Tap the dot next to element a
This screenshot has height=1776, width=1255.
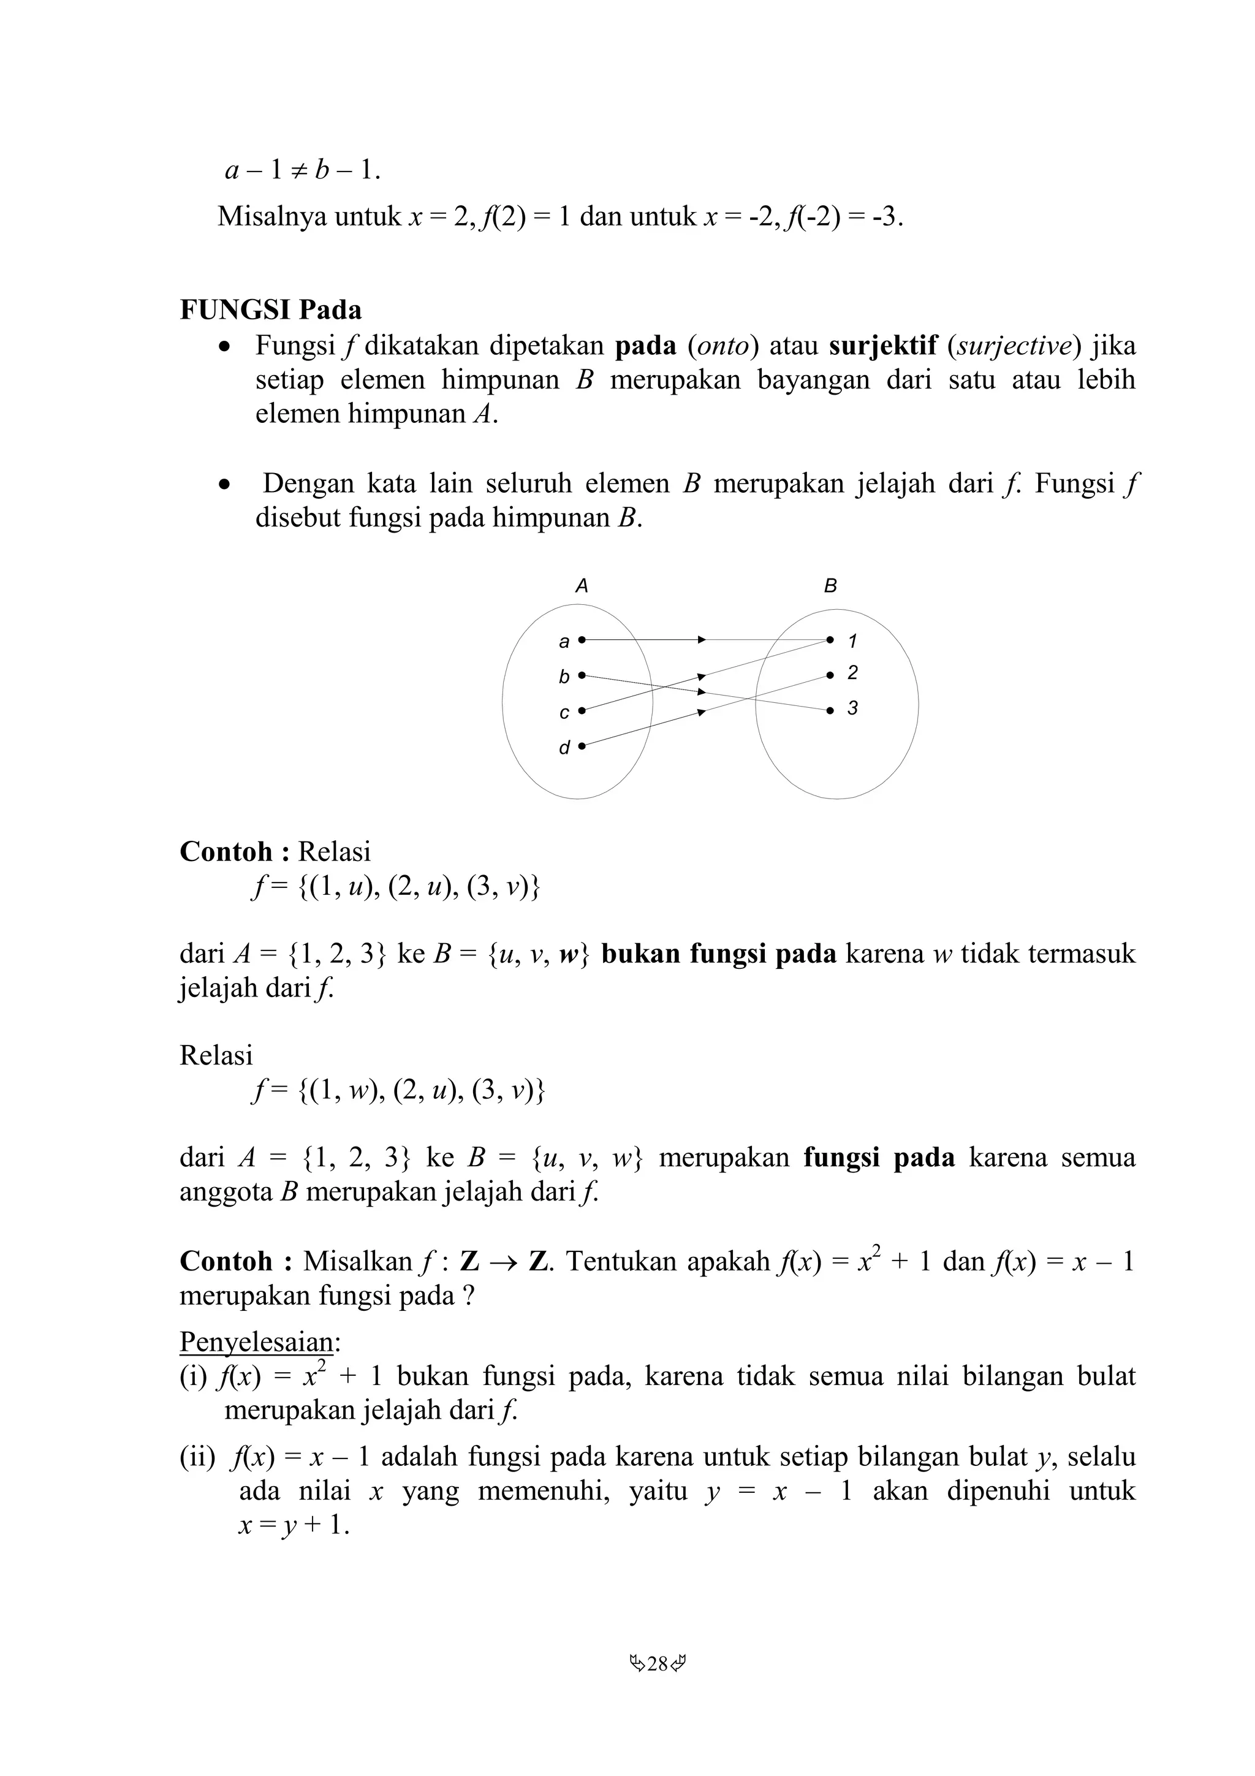tap(582, 640)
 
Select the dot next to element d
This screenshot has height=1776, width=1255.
tap(582, 746)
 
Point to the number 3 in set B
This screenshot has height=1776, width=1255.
tap(852, 708)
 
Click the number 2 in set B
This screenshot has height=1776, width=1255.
tap(852, 673)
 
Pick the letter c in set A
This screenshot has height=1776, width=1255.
tap(564, 712)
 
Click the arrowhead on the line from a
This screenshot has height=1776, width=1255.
tap(702, 640)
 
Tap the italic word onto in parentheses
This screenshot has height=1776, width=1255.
tap(724, 346)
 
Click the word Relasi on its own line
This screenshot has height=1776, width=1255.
tap(216, 1055)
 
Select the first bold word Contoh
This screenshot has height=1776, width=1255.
tap(226, 852)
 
